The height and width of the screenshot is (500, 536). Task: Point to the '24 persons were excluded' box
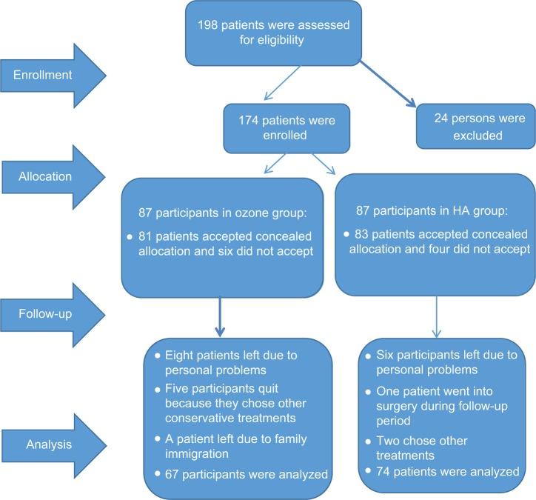point(472,127)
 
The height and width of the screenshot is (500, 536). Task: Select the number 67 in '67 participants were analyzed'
point(173,474)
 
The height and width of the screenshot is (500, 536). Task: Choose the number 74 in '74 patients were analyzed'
point(385,472)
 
